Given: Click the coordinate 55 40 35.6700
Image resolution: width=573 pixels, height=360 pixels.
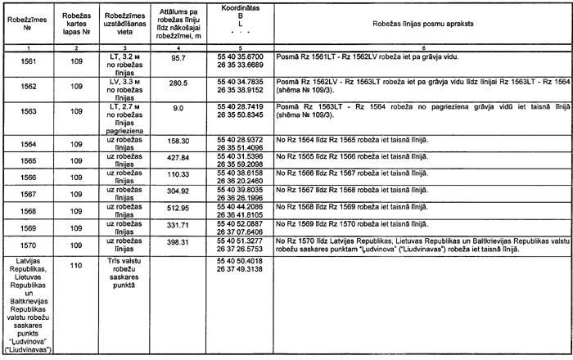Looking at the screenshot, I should click(x=241, y=56).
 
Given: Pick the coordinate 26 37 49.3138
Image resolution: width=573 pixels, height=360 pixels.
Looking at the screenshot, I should click(x=241, y=268).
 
